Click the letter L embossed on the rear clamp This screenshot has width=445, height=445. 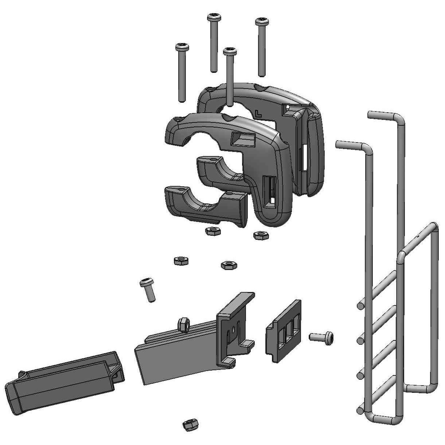point(258,114)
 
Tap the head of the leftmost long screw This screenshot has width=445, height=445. point(182,47)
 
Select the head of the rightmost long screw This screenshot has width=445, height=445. point(262,22)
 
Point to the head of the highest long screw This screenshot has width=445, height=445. point(214,17)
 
